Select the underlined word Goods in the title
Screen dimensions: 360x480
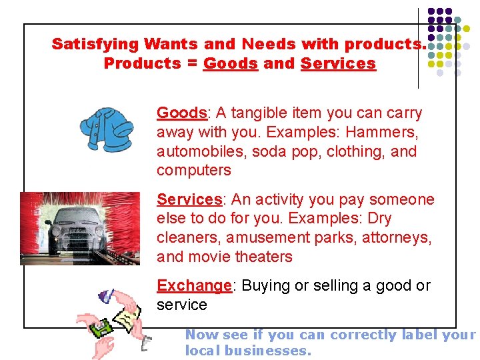pyautogui.click(x=231, y=64)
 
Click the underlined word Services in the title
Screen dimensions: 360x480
pyautogui.click(x=338, y=64)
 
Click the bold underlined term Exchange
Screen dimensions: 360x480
pyautogui.click(x=193, y=286)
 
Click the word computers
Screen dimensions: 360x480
pyautogui.click(x=193, y=170)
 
